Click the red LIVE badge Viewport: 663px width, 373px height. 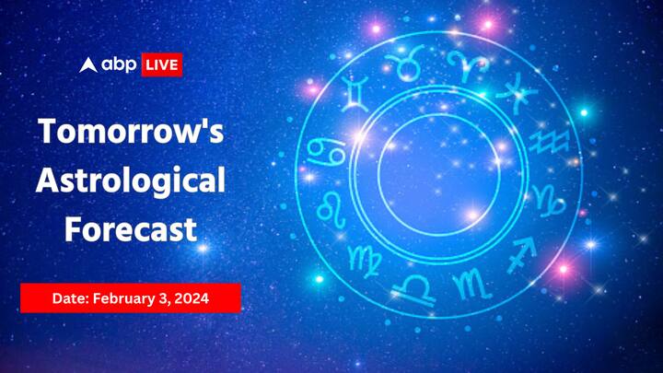(x=162, y=64)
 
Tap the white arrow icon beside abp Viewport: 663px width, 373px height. (x=88, y=65)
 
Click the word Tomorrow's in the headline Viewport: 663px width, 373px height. (x=131, y=131)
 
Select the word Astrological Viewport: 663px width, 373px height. (x=130, y=181)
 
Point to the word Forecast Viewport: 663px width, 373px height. (x=131, y=229)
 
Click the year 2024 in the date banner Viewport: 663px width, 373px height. (x=192, y=298)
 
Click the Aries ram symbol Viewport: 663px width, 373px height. (x=468, y=65)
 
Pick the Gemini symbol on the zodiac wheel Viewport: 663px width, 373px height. (x=355, y=93)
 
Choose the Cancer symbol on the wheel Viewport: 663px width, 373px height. (x=326, y=151)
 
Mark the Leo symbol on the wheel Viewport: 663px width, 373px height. (x=331, y=209)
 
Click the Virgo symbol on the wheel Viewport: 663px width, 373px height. (x=364, y=260)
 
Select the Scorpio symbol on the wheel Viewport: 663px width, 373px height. (x=472, y=283)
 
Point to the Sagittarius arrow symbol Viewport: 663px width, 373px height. (x=523, y=253)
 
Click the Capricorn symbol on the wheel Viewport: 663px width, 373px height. (x=549, y=200)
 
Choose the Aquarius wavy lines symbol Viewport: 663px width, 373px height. (x=549, y=141)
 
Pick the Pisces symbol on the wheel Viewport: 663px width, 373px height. (x=518, y=93)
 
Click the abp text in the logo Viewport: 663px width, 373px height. (x=119, y=64)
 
